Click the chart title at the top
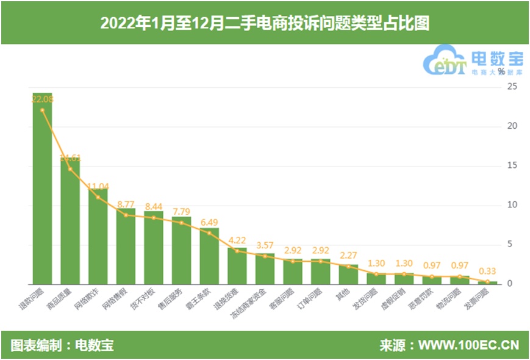[x=265, y=23]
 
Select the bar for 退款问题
[x=42, y=189]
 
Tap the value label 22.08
[x=42, y=98]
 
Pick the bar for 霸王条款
[x=209, y=256]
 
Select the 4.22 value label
[x=237, y=240]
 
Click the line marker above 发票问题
[x=489, y=281]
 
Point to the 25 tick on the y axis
[x=513, y=87]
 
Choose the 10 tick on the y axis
[x=513, y=205]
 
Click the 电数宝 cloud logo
[x=446, y=60]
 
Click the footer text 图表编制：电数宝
[x=62, y=345]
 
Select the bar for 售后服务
[x=182, y=250]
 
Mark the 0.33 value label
[x=488, y=271]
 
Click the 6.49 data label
[x=209, y=222]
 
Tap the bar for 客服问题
[x=293, y=272]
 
